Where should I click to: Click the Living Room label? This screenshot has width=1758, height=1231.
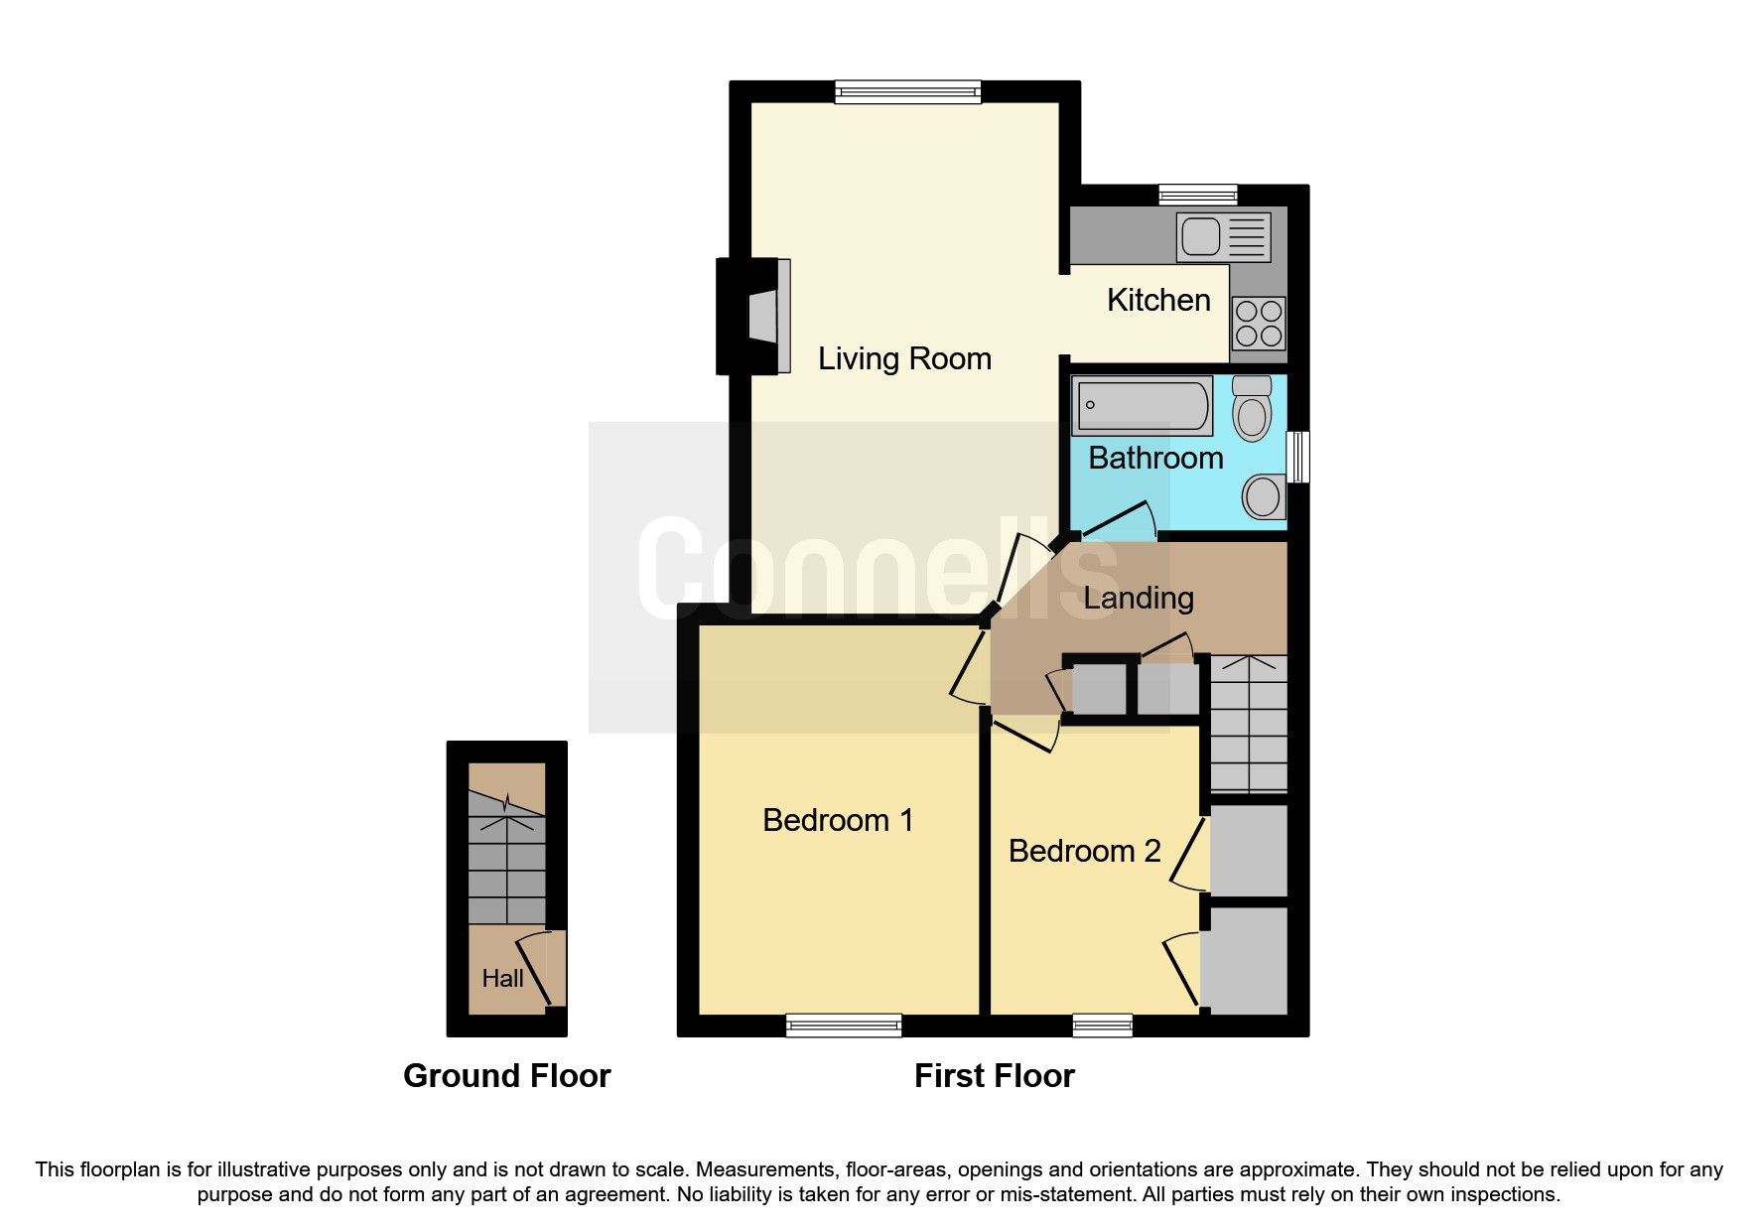click(x=904, y=358)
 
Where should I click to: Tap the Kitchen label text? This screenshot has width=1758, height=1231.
click(x=1157, y=300)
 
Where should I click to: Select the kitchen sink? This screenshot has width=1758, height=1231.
click(x=1222, y=237)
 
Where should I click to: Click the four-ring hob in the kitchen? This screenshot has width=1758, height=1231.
click(x=1258, y=324)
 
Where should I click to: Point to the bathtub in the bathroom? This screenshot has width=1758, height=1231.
click(x=1143, y=406)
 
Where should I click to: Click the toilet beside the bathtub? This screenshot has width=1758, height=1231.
click(x=1252, y=410)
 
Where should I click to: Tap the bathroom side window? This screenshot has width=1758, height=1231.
click(x=1297, y=457)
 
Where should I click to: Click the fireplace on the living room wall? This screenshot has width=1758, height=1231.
click(x=754, y=316)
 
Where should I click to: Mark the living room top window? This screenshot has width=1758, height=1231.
click(x=907, y=92)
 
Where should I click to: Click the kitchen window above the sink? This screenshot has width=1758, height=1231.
click(x=1197, y=195)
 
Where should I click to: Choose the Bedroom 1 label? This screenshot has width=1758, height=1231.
click(x=837, y=820)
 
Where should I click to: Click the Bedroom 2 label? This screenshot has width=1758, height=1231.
click(x=1084, y=851)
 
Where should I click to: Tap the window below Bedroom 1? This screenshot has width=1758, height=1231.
click(x=843, y=1026)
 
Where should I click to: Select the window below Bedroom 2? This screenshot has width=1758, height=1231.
click(x=1102, y=1026)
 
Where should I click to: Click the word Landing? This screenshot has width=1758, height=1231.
click(x=1138, y=598)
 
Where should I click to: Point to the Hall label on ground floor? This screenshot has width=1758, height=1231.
click(x=502, y=979)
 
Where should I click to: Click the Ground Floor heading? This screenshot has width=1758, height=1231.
click(x=506, y=1076)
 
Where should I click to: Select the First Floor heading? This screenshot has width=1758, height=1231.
click(x=994, y=1076)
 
